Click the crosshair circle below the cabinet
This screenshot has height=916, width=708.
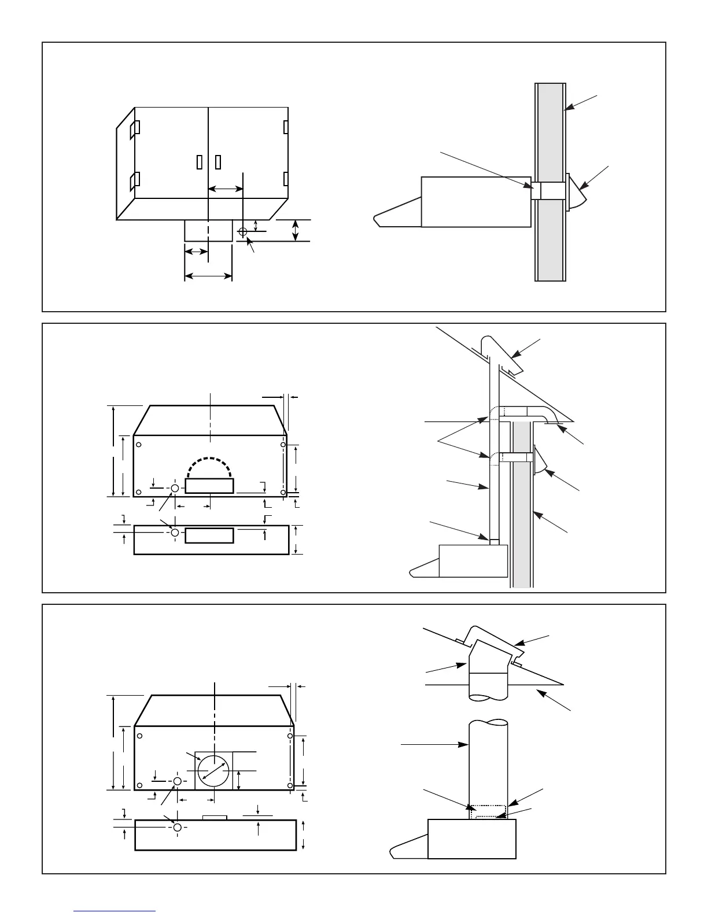click(x=242, y=232)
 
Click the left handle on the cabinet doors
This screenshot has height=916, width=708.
click(x=200, y=162)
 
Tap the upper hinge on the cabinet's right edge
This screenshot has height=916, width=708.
click(x=286, y=127)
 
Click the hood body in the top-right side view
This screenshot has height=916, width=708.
click(x=476, y=202)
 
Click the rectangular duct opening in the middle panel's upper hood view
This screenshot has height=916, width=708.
click(x=209, y=486)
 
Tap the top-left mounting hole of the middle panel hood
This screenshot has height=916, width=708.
click(x=139, y=444)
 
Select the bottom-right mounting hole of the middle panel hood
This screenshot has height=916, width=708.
click(x=283, y=492)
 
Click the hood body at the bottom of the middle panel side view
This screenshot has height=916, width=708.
click(x=473, y=560)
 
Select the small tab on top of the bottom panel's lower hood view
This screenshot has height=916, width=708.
click(x=215, y=817)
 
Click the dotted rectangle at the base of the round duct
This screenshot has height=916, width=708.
click(x=488, y=811)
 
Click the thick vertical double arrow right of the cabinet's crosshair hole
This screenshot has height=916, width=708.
click(x=296, y=230)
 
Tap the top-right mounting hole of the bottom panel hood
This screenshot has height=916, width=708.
click(x=290, y=737)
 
